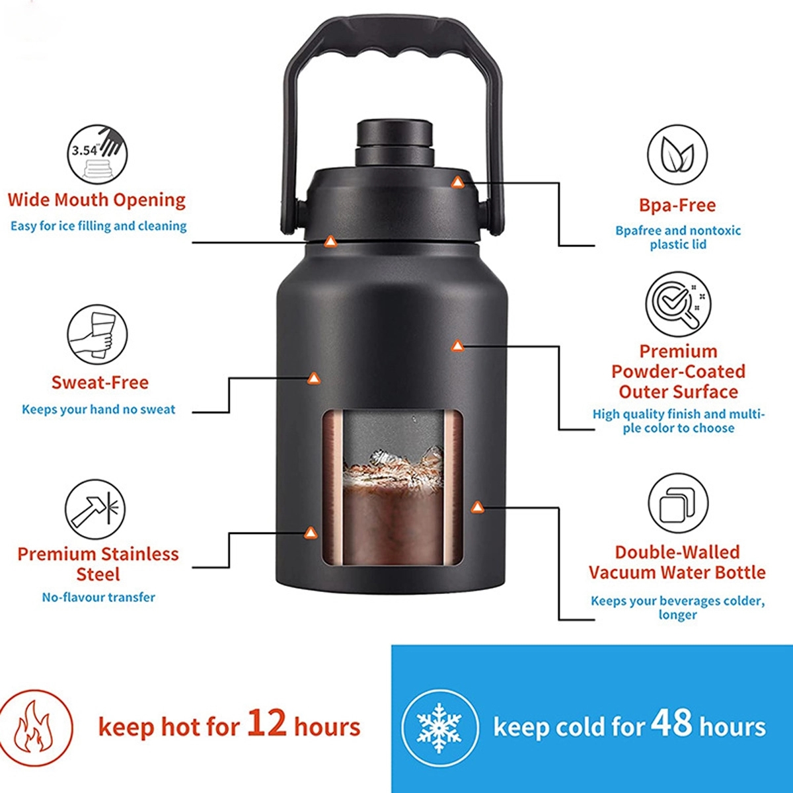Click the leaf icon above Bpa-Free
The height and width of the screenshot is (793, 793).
point(677,155)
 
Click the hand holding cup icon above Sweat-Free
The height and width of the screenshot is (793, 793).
point(97,334)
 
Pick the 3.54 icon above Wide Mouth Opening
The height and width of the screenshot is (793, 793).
point(97,155)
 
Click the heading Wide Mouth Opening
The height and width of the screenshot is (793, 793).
point(96,200)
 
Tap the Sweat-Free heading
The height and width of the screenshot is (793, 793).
point(100,382)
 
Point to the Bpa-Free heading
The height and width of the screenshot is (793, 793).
point(677,206)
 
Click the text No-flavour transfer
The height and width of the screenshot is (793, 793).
point(98,597)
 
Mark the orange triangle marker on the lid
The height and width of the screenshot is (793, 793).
point(457,181)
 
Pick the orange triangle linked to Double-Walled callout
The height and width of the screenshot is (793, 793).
point(476,507)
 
